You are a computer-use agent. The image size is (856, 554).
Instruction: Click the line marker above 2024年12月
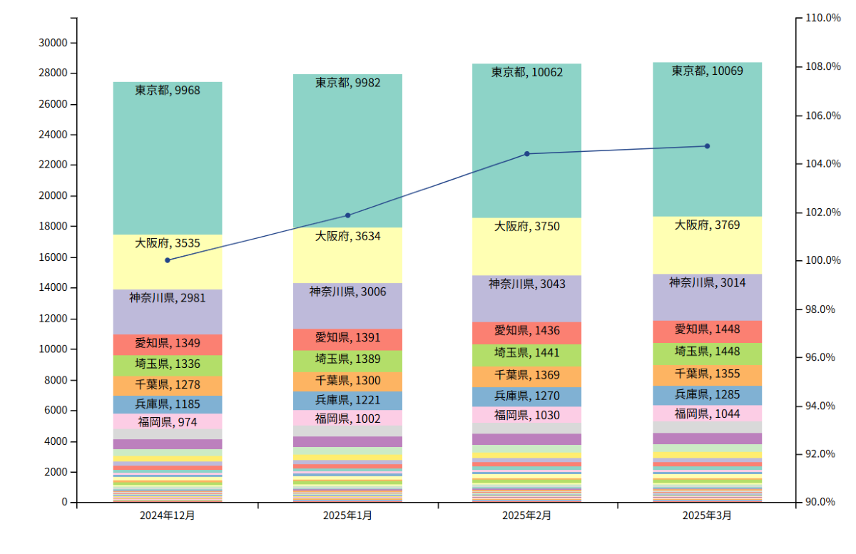click(x=168, y=260)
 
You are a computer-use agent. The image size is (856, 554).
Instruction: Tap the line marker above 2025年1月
click(x=348, y=215)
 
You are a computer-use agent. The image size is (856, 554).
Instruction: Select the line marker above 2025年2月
click(x=527, y=154)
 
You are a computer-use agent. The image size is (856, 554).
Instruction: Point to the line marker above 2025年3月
click(x=708, y=146)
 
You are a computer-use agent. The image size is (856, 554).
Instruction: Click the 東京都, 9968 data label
click(x=168, y=90)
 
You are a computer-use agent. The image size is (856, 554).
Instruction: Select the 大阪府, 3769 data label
click(x=708, y=225)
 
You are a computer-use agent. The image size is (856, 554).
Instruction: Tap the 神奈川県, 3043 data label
click(x=527, y=284)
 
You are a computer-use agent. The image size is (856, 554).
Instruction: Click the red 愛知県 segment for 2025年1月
click(x=348, y=339)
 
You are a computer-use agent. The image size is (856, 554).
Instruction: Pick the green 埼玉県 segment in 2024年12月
click(x=168, y=366)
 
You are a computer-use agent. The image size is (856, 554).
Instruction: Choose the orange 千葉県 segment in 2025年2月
click(x=527, y=377)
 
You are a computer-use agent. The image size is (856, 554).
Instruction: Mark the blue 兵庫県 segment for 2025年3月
click(x=708, y=396)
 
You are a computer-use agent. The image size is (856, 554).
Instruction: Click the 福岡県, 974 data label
click(x=168, y=422)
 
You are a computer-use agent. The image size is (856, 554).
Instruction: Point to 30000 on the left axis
click(x=53, y=43)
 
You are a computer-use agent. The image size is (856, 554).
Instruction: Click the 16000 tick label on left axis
click(x=53, y=257)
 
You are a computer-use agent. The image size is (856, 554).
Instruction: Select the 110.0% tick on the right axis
click(x=823, y=18)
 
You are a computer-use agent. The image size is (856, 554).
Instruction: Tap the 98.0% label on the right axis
click(x=820, y=309)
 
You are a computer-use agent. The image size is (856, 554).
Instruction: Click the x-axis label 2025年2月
click(x=527, y=515)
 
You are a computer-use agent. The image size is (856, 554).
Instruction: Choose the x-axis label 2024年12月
click(x=168, y=515)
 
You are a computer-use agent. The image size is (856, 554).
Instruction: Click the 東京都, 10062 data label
click(x=527, y=72)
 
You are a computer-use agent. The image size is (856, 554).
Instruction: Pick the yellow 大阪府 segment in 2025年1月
click(x=348, y=255)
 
